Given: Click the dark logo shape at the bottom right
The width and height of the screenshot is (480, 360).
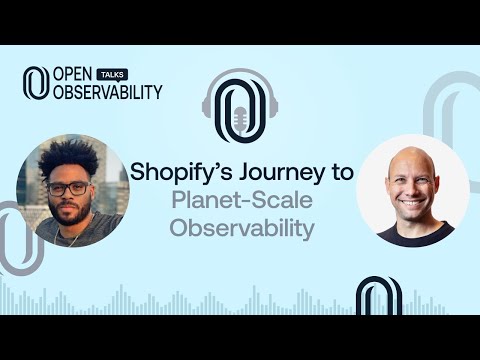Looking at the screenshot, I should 380,297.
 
